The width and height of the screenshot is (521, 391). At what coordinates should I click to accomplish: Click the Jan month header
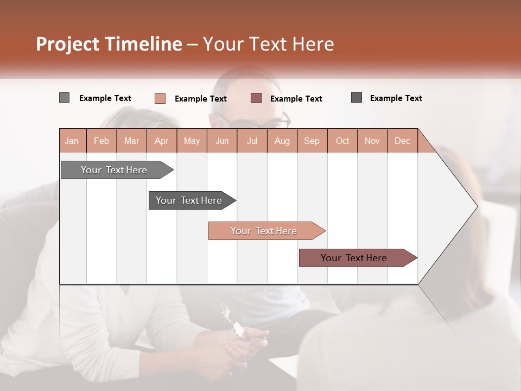click(x=72, y=141)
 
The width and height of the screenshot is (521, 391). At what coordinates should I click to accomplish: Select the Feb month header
click(x=101, y=141)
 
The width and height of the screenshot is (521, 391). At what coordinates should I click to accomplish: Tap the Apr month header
click(x=162, y=141)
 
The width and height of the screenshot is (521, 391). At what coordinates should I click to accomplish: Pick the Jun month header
click(x=222, y=141)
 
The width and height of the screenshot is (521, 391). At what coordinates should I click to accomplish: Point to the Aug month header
click(x=282, y=141)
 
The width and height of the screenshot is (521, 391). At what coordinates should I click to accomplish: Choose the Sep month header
click(x=312, y=141)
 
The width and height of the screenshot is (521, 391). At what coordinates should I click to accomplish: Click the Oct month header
click(x=342, y=141)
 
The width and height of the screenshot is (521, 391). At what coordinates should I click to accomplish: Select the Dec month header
click(x=403, y=141)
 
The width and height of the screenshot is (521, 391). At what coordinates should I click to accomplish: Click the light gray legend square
click(x=65, y=98)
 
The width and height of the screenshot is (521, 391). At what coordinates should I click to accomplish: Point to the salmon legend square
click(x=160, y=98)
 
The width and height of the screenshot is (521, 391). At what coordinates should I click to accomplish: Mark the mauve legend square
click(x=256, y=98)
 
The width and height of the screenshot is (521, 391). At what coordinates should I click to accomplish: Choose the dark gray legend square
click(x=357, y=98)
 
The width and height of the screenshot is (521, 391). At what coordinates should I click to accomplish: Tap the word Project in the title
click(x=67, y=44)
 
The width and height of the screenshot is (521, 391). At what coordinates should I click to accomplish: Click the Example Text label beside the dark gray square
click(x=396, y=98)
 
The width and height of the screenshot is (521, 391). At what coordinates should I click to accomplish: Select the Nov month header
click(x=372, y=141)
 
